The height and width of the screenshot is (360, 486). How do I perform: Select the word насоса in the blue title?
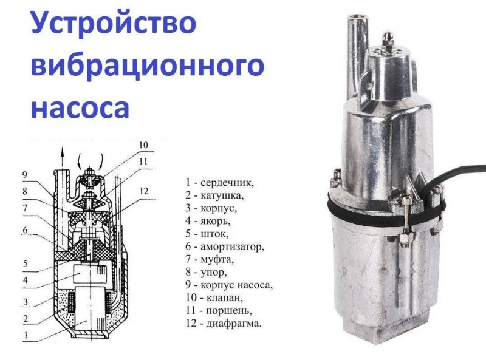(80, 107)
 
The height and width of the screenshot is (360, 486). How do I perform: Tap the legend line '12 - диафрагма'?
(223, 324)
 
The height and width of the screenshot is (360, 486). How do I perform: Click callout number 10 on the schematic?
(143, 144)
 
